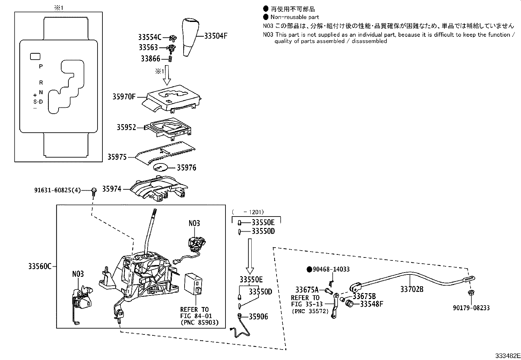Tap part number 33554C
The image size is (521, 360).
pos(150,37)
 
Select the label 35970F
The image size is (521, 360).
pos(124,97)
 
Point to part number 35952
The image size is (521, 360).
pos(126,127)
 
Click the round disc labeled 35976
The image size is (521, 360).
pos(161,167)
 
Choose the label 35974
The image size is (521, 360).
pos(112,189)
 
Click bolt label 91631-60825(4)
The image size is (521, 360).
pos(58,190)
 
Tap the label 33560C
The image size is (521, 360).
pos(40,266)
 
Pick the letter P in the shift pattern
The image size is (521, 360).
pos(41,66)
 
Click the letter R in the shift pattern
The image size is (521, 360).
pos(41,83)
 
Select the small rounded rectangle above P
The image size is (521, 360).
pos(35,57)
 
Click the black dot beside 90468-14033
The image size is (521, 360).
pos(309,269)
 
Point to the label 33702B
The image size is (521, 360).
pos(412,289)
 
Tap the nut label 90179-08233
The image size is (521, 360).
pos(471,308)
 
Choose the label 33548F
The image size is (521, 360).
pos(371,304)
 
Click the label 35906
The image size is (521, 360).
pos(258,316)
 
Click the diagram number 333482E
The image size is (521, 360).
pos(507,356)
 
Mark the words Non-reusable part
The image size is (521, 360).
pos(295,17)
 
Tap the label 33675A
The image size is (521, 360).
pos(307,290)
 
